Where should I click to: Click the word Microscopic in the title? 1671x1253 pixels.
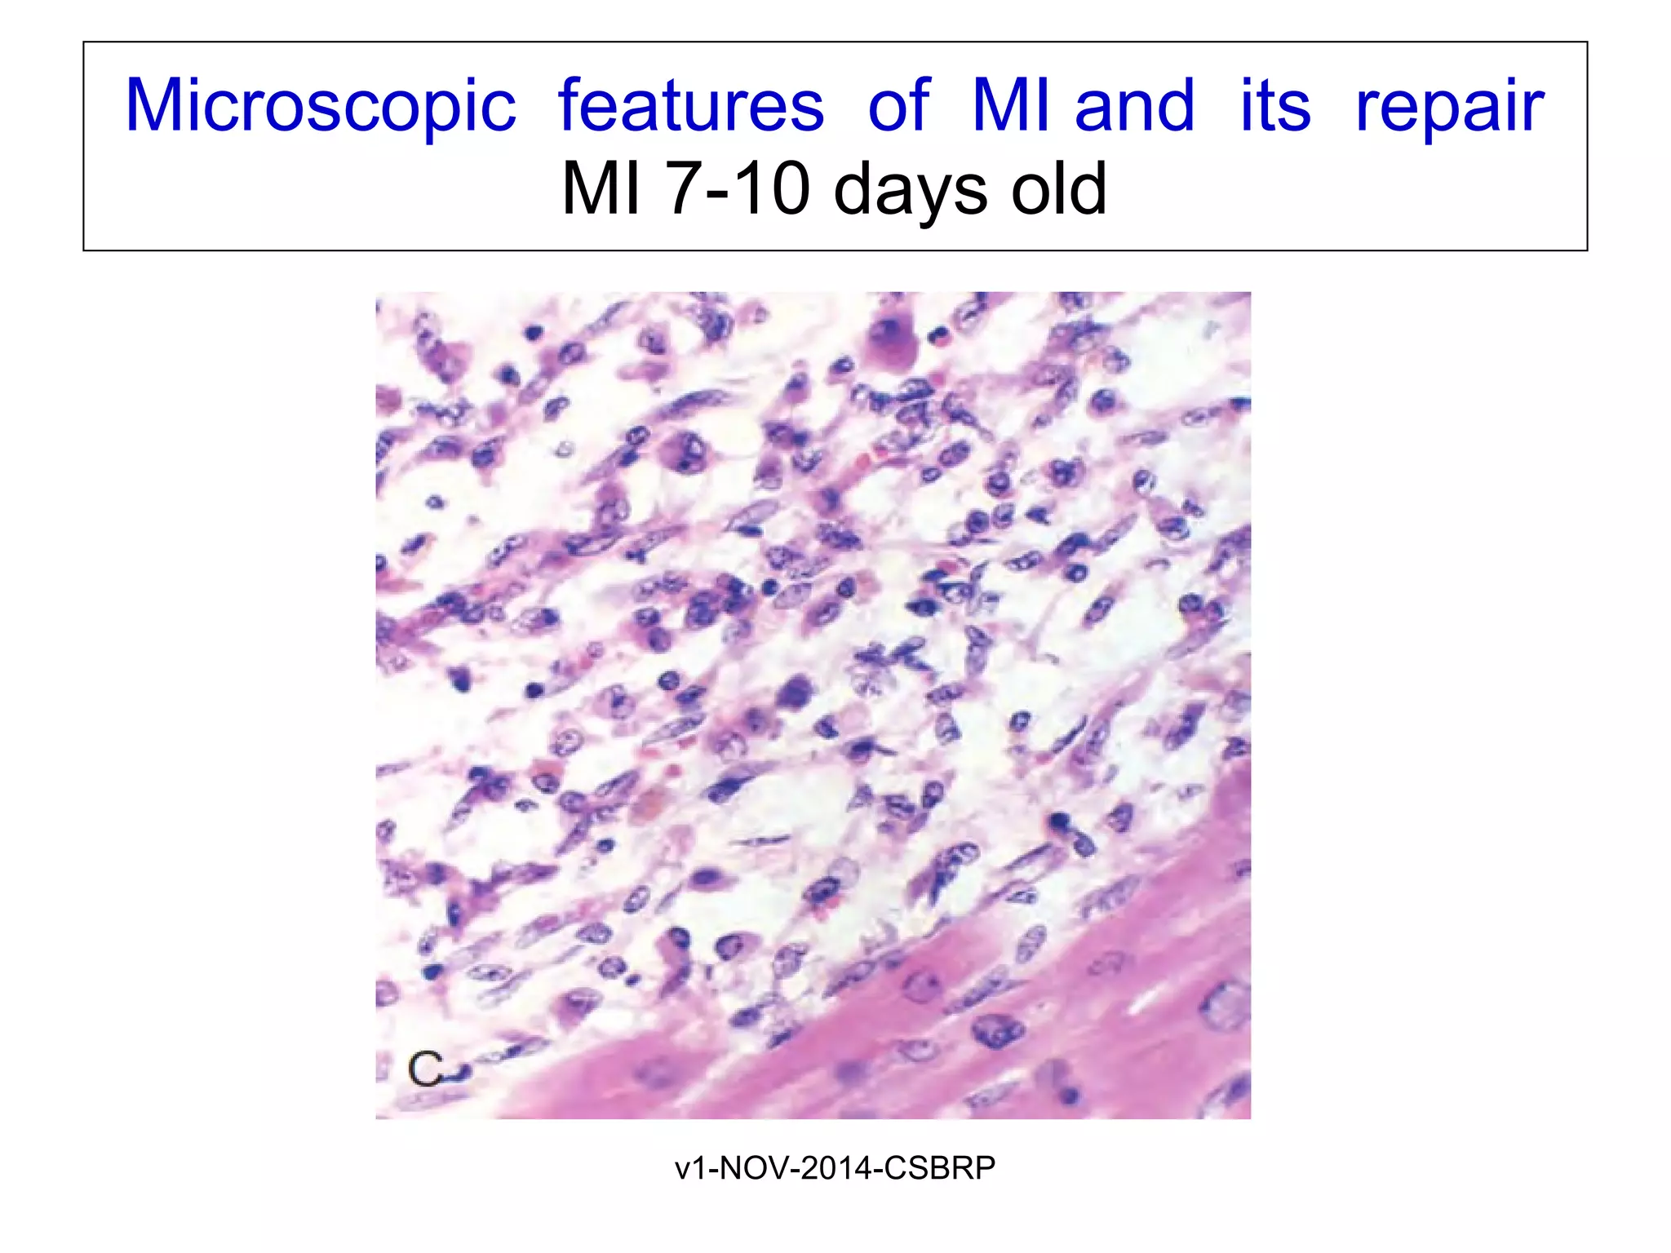[321, 106]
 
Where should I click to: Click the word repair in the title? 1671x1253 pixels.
[1450, 108]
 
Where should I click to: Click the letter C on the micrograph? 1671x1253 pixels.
[426, 1069]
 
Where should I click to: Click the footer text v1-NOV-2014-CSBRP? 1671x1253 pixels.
[835, 1168]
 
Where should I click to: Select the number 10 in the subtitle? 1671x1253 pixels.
[778, 188]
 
